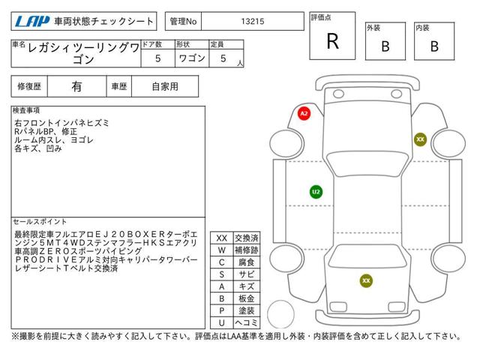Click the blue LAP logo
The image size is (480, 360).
(32, 22)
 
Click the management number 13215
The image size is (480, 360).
(253, 22)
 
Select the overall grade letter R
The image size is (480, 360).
(333, 41)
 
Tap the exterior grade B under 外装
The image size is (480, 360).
(385, 46)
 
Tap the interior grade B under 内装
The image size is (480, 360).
(434, 46)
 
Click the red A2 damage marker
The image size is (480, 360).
(304, 113)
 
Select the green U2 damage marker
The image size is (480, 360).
(316, 192)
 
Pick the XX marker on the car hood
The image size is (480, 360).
(366, 280)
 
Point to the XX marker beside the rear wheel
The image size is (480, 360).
(420, 139)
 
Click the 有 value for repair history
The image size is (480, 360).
(76, 87)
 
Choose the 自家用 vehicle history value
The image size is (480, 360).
(165, 87)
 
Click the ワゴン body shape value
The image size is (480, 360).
(192, 58)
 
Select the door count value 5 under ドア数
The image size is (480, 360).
(158, 58)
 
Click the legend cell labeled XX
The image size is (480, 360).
(222, 238)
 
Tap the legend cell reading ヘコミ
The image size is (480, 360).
(247, 322)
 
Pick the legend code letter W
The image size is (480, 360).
(222, 250)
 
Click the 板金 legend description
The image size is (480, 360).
(247, 298)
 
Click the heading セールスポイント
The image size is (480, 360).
(40, 221)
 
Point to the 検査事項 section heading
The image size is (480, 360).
(26, 110)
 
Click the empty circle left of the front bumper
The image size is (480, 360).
(280, 313)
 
